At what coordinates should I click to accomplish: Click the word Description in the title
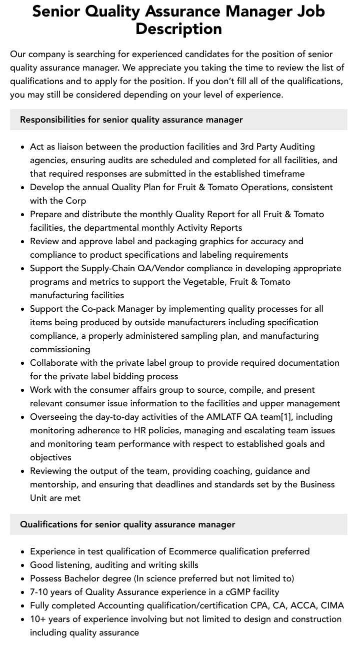point(178,29)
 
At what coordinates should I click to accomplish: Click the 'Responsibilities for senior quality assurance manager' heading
point(131,120)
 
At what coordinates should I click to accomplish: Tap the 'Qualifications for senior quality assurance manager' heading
point(127,524)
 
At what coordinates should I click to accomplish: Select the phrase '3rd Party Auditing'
point(277,147)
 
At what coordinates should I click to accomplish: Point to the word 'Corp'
point(76,201)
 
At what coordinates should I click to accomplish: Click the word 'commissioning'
point(60,349)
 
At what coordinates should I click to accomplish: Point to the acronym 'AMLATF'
point(223,417)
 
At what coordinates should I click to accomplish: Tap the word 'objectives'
point(50,457)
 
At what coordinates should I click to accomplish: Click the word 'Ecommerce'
point(193,551)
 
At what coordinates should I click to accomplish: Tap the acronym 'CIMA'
point(332,605)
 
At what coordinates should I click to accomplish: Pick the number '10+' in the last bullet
point(38,619)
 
